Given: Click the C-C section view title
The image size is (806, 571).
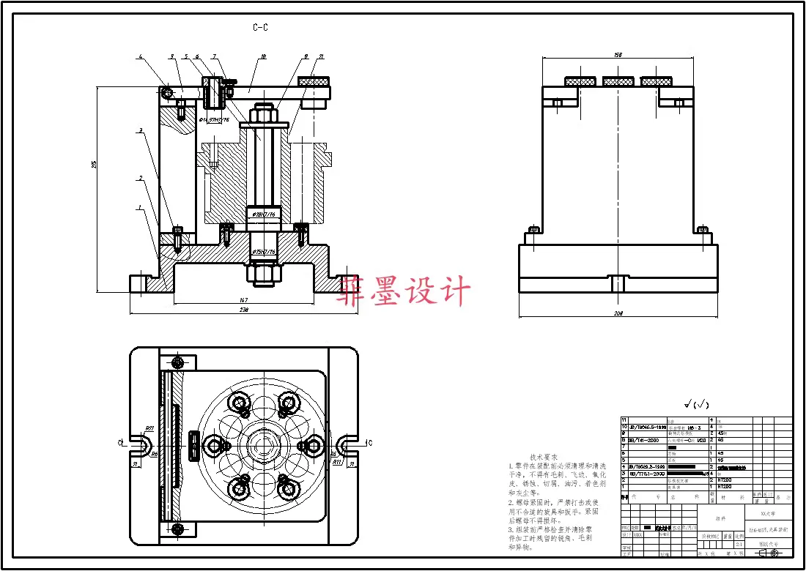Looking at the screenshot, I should (260, 28).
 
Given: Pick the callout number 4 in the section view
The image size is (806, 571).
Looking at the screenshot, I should (140, 56).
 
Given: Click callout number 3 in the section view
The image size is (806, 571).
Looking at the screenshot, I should (139, 130).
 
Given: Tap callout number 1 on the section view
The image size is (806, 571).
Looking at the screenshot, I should (139, 208).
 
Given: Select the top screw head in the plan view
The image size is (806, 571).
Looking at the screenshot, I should (177, 362).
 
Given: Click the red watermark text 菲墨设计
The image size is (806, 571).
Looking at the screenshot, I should (404, 291).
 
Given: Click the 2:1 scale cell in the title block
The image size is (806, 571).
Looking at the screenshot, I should (739, 545).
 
